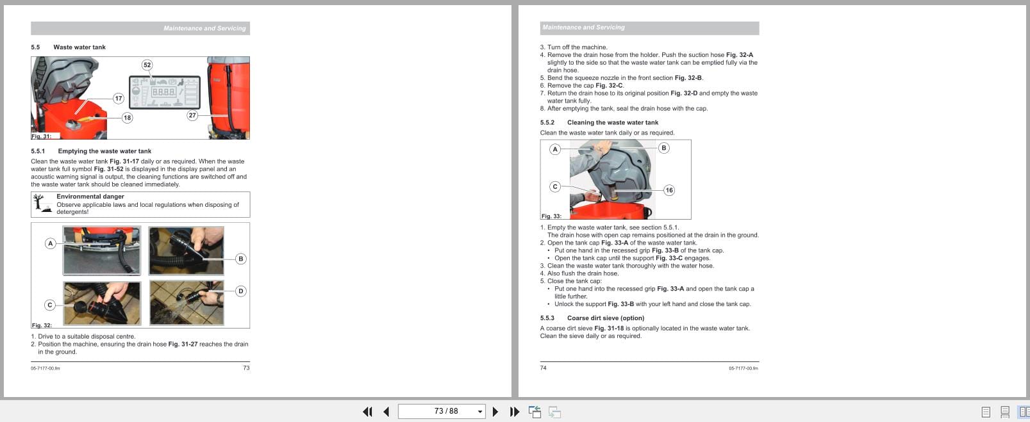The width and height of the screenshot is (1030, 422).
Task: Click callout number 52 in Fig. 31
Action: pos(147,65)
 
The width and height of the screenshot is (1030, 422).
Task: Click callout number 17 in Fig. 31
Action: pos(119,98)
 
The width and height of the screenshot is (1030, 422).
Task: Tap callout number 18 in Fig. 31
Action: pos(127,117)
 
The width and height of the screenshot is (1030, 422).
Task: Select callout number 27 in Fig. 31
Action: pos(192,115)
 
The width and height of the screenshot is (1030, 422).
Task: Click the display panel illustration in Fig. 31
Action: pos(165,93)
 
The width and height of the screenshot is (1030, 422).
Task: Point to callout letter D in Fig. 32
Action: pos(241,291)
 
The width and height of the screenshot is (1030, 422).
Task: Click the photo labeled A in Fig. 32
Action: pos(102,250)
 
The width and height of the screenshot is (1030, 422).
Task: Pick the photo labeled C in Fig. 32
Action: pos(102,303)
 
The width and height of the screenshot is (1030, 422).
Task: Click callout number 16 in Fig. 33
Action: pos(669,190)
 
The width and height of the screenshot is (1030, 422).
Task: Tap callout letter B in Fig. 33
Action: pos(664,148)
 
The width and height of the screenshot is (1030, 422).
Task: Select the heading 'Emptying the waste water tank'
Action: pos(104,151)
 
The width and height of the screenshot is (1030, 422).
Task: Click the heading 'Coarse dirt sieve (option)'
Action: pos(605,318)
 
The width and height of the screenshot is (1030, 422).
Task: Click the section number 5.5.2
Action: pos(547,122)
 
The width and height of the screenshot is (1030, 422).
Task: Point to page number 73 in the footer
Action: pos(246,368)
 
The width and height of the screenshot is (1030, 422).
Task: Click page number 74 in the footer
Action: pos(544,368)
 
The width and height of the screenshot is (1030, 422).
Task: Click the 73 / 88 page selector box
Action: pos(441,411)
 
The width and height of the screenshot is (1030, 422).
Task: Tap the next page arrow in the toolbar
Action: pos(495,412)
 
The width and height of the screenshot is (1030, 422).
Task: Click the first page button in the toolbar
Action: pos(367,412)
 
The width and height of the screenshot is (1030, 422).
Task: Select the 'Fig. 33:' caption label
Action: pos(551,216)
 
